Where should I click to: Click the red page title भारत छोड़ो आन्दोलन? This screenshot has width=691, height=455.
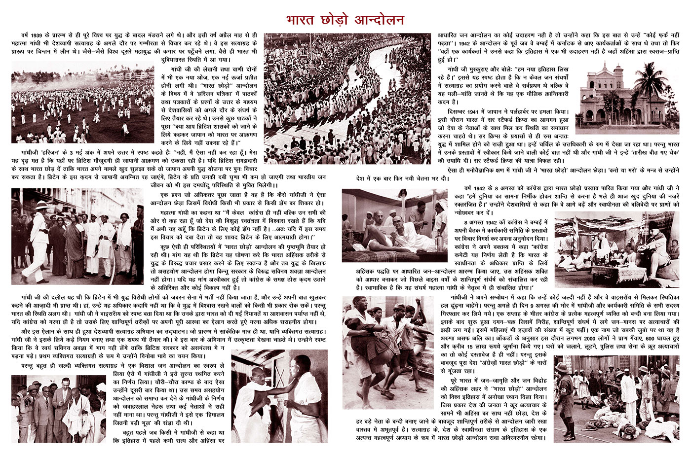pos(345,20)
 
